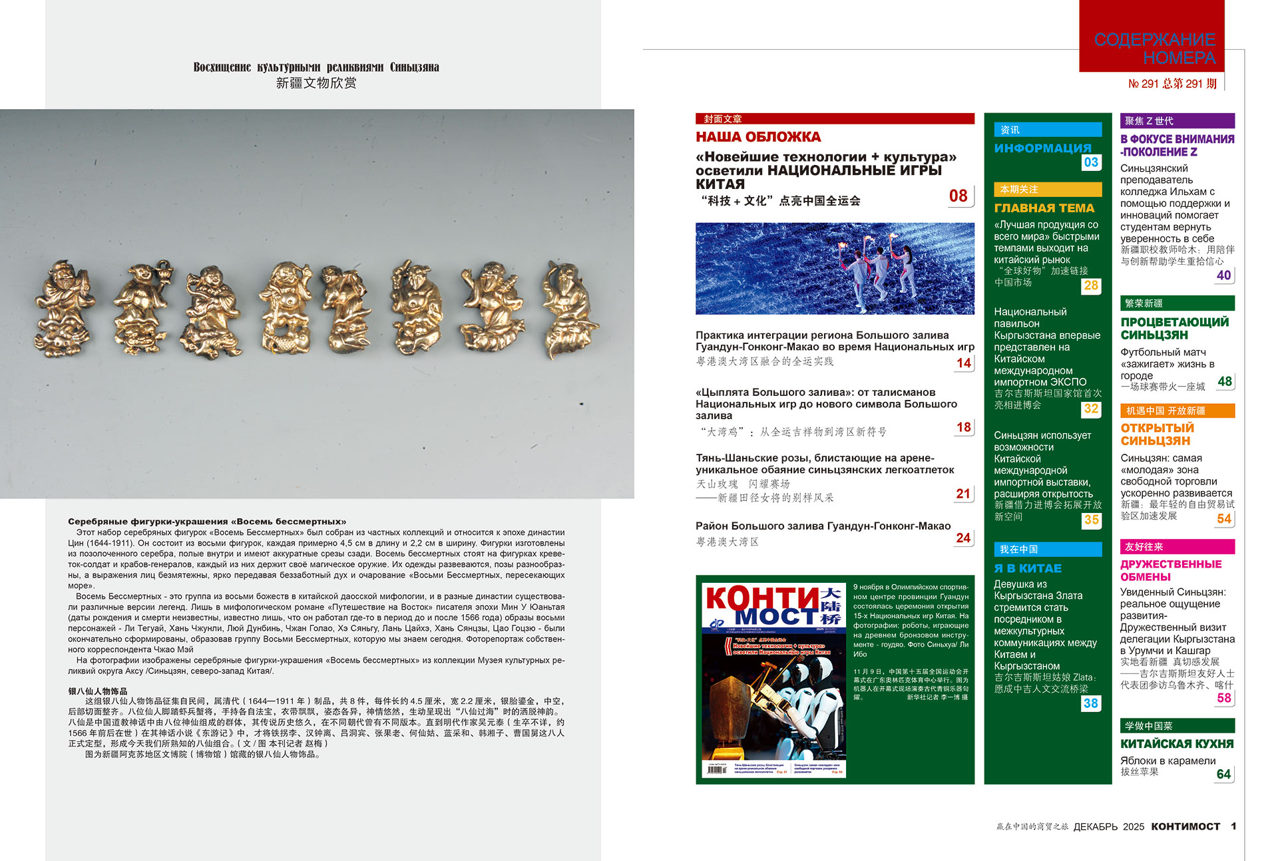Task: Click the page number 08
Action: pos(958,196)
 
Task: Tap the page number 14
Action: pos(963,363)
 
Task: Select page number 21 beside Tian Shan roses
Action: pos(963,494)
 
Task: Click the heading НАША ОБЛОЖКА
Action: pos(758,137)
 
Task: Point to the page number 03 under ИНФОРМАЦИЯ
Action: pos(1091,162)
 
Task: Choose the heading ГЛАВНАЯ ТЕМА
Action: pos(1044,208)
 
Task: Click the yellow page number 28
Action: pos(1091,285)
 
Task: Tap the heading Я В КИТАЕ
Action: pos(1028,568)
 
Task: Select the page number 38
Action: pos(1091,703)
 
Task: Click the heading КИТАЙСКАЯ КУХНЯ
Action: pos(1177,744)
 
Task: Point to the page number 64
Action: pos(1223,774)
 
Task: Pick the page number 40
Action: pos(1223,275)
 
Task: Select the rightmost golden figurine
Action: pos(570,309)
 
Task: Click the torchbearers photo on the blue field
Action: pos(835,268)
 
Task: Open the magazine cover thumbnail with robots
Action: pos(773,681)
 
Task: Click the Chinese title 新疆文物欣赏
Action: pos(316,83)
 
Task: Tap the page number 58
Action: pos(1223,697)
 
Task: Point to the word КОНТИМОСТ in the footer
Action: pos(1185,826)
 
